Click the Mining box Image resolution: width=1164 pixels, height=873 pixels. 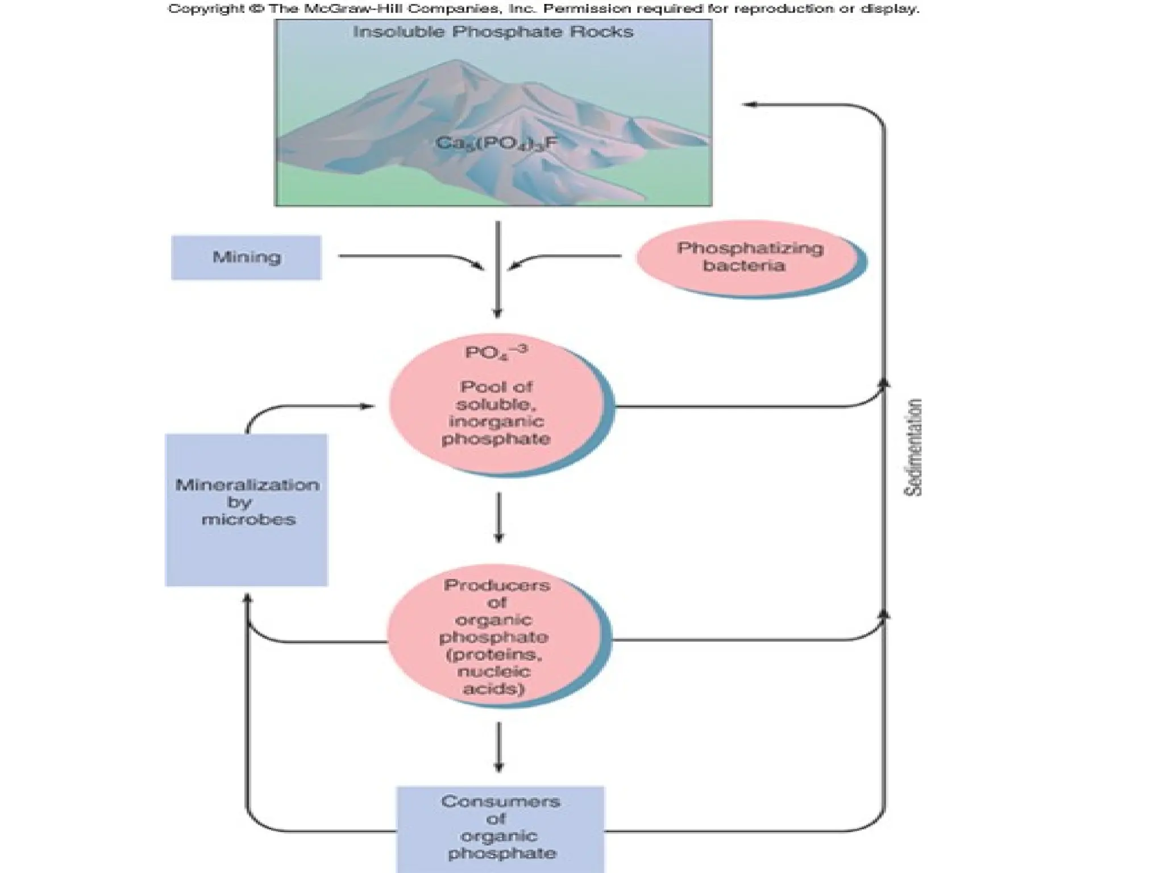coord(246,257)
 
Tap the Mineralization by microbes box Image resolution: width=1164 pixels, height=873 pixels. coord(246,509)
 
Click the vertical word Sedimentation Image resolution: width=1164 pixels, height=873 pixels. coord(912,448)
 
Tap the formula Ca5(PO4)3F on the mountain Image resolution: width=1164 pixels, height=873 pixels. coord(496,143)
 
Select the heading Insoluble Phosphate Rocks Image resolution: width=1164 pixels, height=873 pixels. coord(493,32)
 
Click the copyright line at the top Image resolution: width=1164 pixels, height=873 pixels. coord(543,9)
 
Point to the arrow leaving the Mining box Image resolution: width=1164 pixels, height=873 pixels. coord(409,257)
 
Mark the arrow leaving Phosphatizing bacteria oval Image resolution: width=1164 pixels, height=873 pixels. coord(568,257)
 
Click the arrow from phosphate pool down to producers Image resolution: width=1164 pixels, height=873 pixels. coord(498,517)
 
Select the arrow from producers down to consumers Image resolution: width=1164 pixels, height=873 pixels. coord(498,747)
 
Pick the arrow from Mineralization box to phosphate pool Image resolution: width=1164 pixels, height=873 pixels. coord(307,406)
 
